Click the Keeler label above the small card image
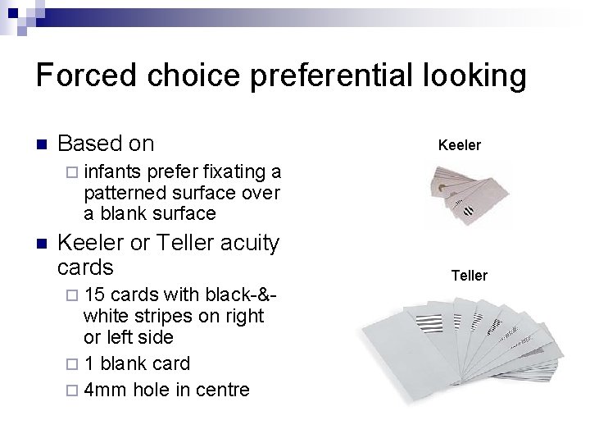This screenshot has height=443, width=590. click(460, 145)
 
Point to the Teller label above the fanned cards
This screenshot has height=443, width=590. click(470, 276)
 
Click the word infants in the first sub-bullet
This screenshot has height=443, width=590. click(111, 171)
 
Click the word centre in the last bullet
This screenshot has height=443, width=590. click(222, 389)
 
